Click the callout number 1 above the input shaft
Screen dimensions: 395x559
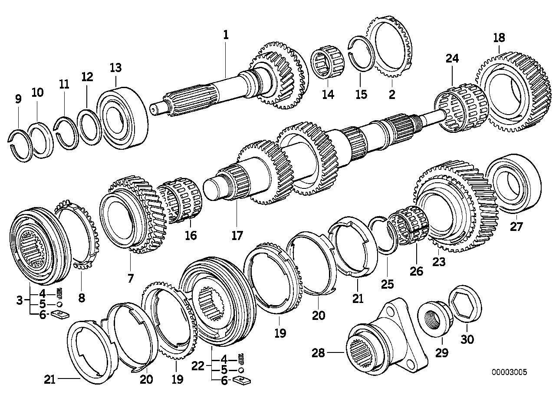[x=225, y=35]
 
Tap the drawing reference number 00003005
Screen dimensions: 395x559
[x=509, y=372]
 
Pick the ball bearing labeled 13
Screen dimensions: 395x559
[x=122, y=115]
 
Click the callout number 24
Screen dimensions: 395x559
[x=452, y=59]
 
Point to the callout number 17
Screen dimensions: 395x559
[x=237, y=235]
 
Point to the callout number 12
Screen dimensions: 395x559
[x=87, y=77]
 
